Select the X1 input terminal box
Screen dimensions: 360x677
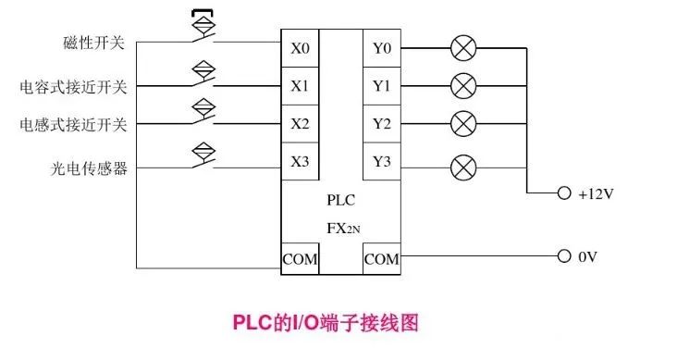(300, 86)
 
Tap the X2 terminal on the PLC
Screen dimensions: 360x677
(300, 123)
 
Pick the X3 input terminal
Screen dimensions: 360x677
(300, 161)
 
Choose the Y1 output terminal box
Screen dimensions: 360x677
(381, 86)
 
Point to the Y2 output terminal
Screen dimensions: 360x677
(381, 123)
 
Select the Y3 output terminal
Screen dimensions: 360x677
(381, 161)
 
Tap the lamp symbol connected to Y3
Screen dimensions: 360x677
(462, 168)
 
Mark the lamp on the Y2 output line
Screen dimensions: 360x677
(462, 123)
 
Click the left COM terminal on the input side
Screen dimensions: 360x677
(300, 259)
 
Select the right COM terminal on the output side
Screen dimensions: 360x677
(381, 259)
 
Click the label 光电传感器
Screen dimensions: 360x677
(88, 168)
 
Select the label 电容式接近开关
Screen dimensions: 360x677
(74, 86)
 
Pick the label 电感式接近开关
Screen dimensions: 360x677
(74, 123)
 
